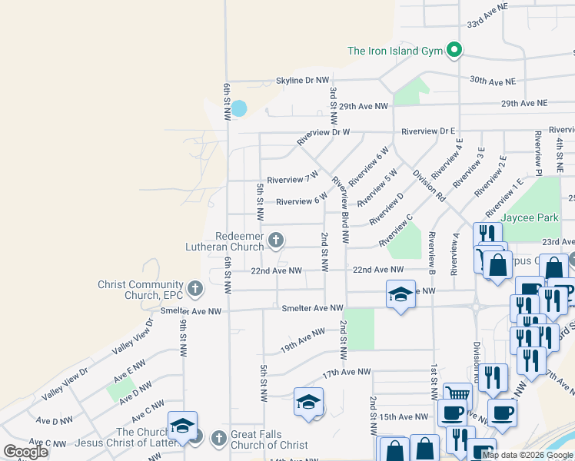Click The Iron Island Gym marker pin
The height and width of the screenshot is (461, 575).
[x=454, y=51]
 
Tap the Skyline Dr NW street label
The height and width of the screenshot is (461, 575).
[x=303, y=81]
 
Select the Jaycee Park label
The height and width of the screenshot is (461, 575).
[x=530, y=217]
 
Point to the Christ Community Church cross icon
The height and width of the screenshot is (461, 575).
[x=195, y=290]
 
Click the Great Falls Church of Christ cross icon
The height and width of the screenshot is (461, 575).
[x=218, y=439]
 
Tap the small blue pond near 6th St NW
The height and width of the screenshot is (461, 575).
[x=239, y=108]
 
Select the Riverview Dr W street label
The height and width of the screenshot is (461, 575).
[x=324, y=132]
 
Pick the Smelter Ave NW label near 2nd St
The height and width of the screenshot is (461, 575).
[x=313, y=308]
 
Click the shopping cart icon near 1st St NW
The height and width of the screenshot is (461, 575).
[x=457, y=394]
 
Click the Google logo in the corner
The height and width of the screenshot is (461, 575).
[x=26, y=452]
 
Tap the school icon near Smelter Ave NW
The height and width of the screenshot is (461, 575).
[x=400, y=295]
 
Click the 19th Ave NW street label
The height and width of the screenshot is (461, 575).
[x=303, y=338]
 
